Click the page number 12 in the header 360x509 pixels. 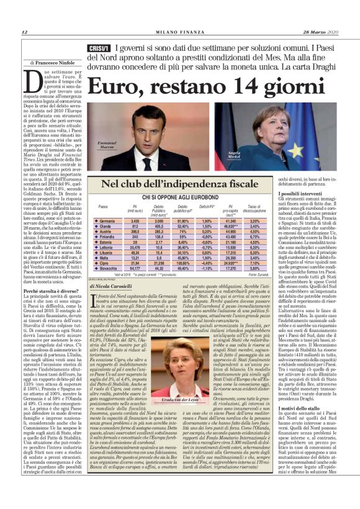click(24, 32)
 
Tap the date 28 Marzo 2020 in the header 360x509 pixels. click(326, 32)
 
